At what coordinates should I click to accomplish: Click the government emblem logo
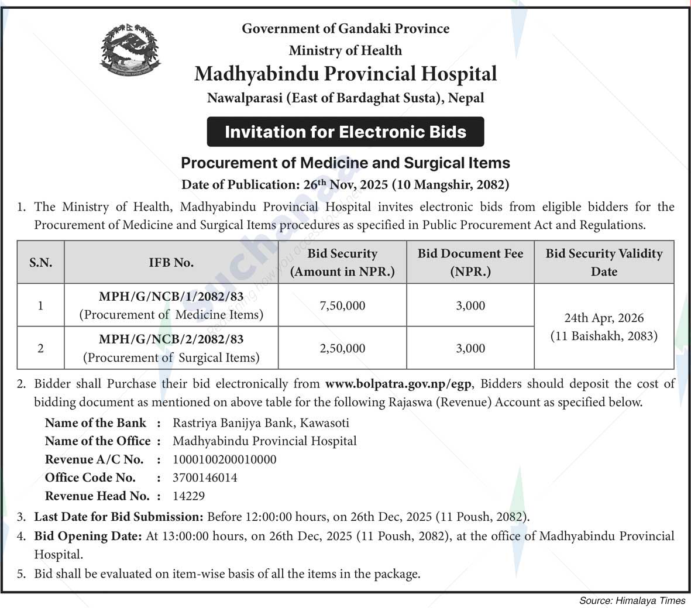129,51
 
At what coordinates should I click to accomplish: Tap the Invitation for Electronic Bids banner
345,132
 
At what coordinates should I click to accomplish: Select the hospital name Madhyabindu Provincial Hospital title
345,74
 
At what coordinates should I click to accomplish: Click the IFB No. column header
171,263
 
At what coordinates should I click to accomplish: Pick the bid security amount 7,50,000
342,305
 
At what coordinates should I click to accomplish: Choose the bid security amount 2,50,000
342,348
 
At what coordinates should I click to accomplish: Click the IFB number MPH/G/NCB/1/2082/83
171,297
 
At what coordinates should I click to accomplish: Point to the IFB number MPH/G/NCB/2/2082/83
171,339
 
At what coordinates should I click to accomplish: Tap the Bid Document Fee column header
470,262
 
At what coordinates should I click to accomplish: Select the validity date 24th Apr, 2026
604,318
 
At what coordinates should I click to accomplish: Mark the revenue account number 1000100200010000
225,459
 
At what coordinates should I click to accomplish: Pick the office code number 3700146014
205,478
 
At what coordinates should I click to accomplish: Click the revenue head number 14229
188,496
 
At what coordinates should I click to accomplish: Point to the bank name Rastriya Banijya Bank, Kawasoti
260,422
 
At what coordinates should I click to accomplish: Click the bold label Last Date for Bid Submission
118,517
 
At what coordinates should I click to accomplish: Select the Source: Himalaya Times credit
632,600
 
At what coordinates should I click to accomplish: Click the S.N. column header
40,263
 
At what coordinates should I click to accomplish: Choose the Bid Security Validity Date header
604,262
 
